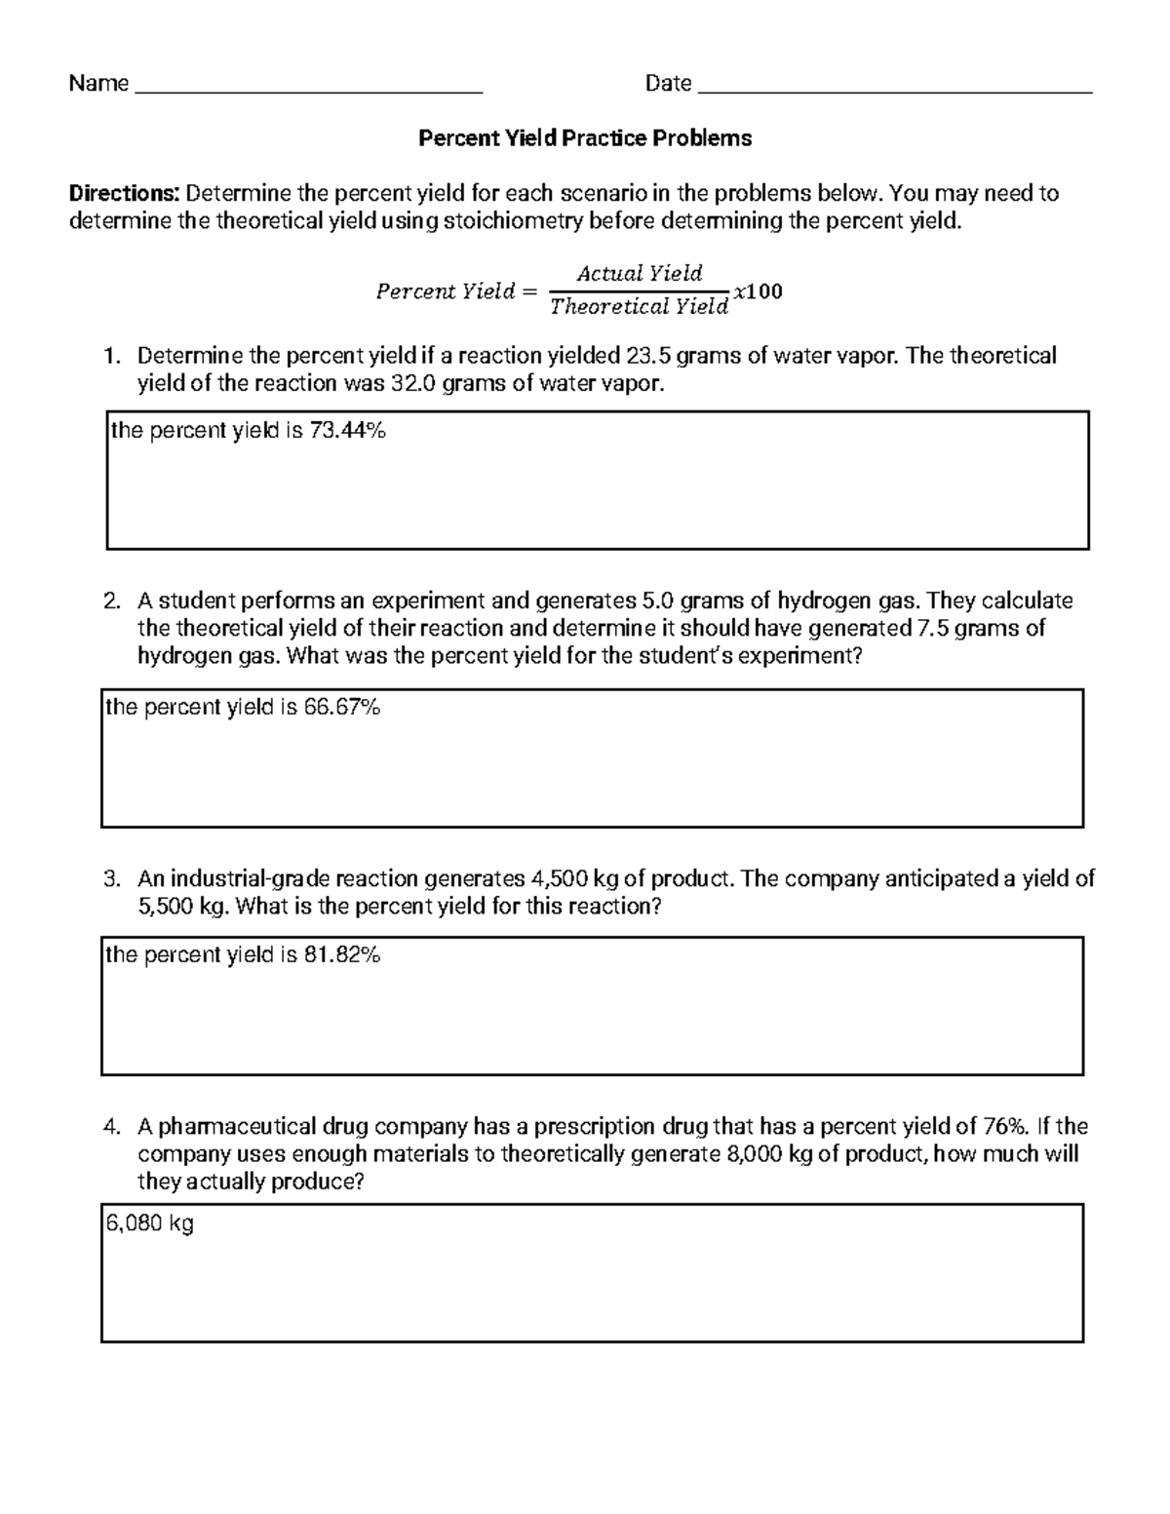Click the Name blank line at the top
pyautogui.click(x=309, y=90)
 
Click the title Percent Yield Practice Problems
pyautogui.click(x=585, y=138)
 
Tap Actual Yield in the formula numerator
pyautogui.click(x=640, y=273)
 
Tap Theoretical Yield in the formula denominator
pyautogui.click(x=639, y=307)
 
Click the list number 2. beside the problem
pyautogui.click(x=112, y=601)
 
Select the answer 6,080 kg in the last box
pyautogui.click(x=149, y=1223)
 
